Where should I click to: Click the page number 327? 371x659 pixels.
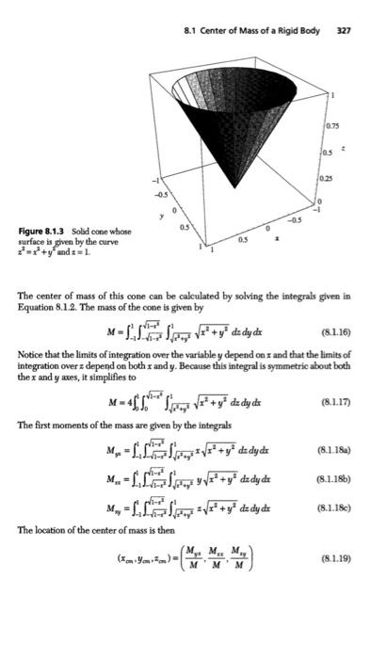tap(344, 30)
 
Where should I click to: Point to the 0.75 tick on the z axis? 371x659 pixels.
tap(335, 126)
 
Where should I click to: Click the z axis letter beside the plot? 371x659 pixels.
tap(354, 148)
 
